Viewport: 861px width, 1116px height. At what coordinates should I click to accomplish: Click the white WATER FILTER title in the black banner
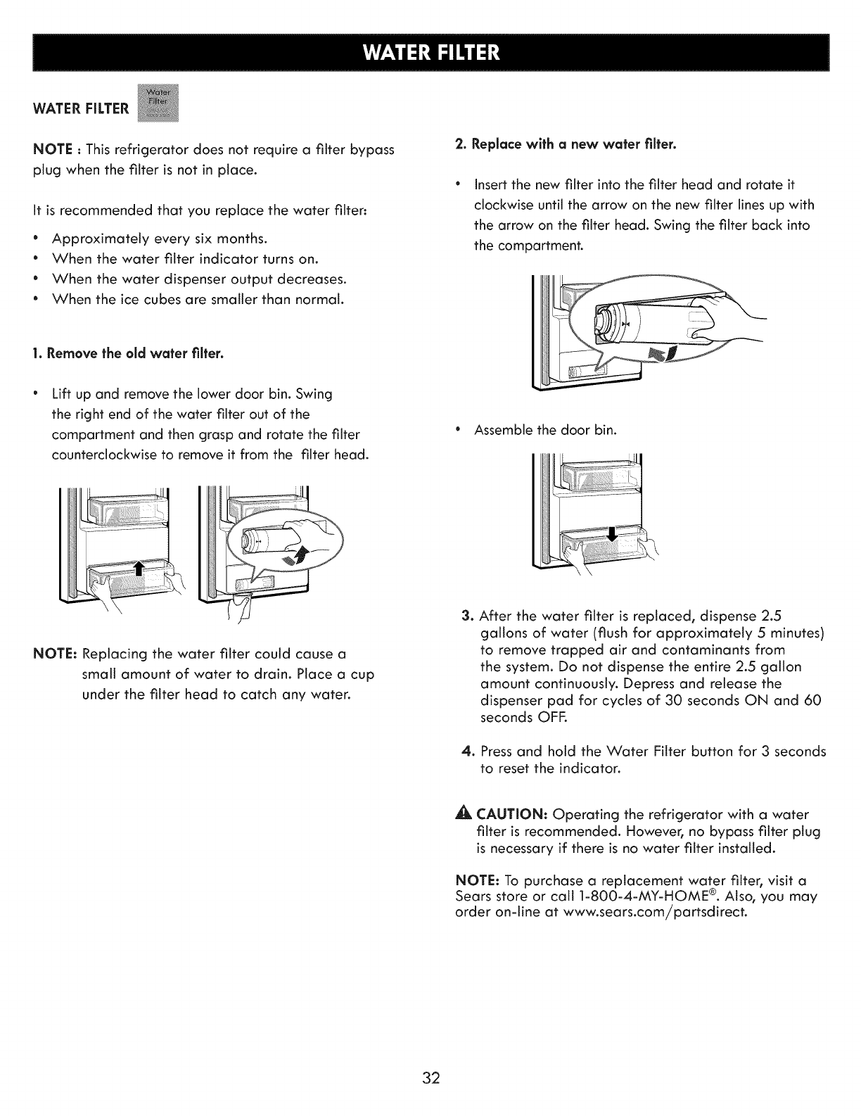coord(430,53)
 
